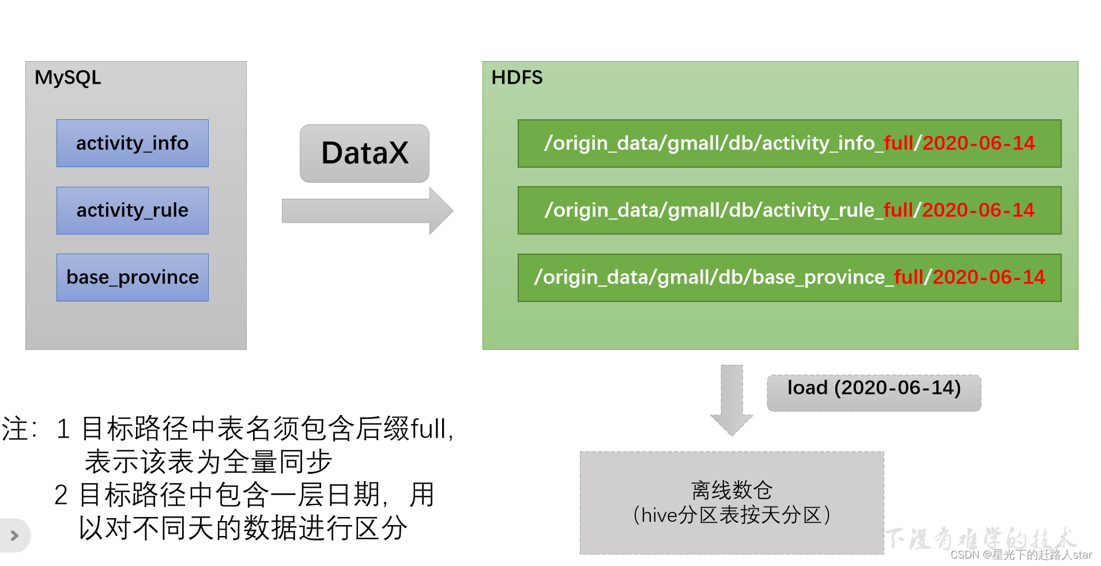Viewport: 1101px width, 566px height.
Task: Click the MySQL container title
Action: (x=67, y=77)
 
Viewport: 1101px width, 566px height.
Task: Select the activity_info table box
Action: (x=132, y=143)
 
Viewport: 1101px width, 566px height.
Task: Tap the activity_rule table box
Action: (x=132, y=210)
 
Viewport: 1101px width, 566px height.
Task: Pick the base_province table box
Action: (x=132, y=277)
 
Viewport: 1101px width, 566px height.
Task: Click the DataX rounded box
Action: (x=364, y=153)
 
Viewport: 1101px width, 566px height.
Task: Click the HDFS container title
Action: (x=516, y=77)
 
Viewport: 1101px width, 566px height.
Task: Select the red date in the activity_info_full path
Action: (x=978, y=143)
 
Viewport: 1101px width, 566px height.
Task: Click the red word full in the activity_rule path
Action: (x=898, y=210)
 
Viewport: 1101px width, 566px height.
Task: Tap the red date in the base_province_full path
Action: (x=988, y=277)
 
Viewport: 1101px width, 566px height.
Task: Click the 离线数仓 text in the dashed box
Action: (x=732, y=490)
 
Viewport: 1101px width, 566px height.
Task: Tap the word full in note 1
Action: (x=428, y=429)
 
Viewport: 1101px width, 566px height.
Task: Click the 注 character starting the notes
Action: (x=15, y=429)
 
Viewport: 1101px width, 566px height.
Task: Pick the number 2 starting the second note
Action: (x=61, y=495)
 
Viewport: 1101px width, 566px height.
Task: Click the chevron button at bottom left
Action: (x=14, y=535)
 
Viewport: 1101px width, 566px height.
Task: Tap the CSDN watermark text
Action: (x=1021, y=554)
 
